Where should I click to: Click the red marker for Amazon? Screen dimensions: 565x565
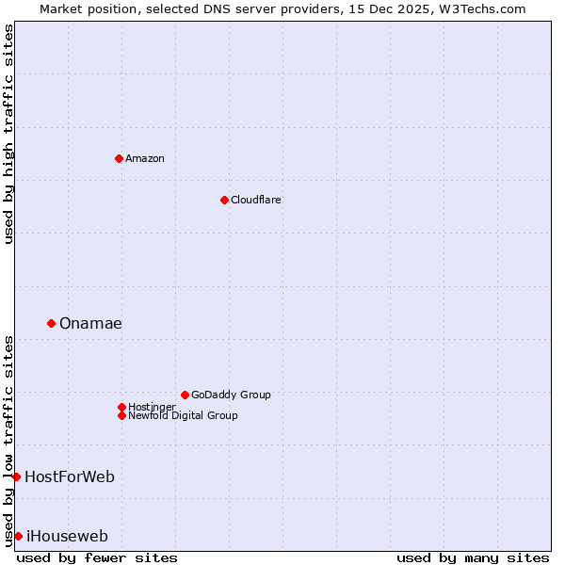119,158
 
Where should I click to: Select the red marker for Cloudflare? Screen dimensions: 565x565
224,200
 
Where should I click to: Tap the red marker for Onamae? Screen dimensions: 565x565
51,323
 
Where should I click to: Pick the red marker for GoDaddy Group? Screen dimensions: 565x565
185,395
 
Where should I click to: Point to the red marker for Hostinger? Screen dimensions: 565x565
121,407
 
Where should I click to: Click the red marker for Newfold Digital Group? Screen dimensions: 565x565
121,415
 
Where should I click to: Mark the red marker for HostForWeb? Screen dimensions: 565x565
16,476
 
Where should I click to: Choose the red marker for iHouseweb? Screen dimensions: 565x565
18,536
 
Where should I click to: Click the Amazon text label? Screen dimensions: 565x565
145,158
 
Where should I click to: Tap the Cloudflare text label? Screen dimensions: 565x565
256,200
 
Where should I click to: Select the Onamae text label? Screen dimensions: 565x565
90,323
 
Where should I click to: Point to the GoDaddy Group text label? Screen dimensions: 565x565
231,395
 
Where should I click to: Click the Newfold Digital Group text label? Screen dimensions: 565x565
183,415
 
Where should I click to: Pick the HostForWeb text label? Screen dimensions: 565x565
70,476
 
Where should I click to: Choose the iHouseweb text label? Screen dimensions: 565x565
67,536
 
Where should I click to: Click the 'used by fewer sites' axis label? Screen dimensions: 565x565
97,557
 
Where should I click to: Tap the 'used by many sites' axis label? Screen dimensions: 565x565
473,557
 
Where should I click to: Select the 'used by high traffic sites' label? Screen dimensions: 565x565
8,134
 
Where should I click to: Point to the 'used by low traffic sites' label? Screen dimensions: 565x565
8,440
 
